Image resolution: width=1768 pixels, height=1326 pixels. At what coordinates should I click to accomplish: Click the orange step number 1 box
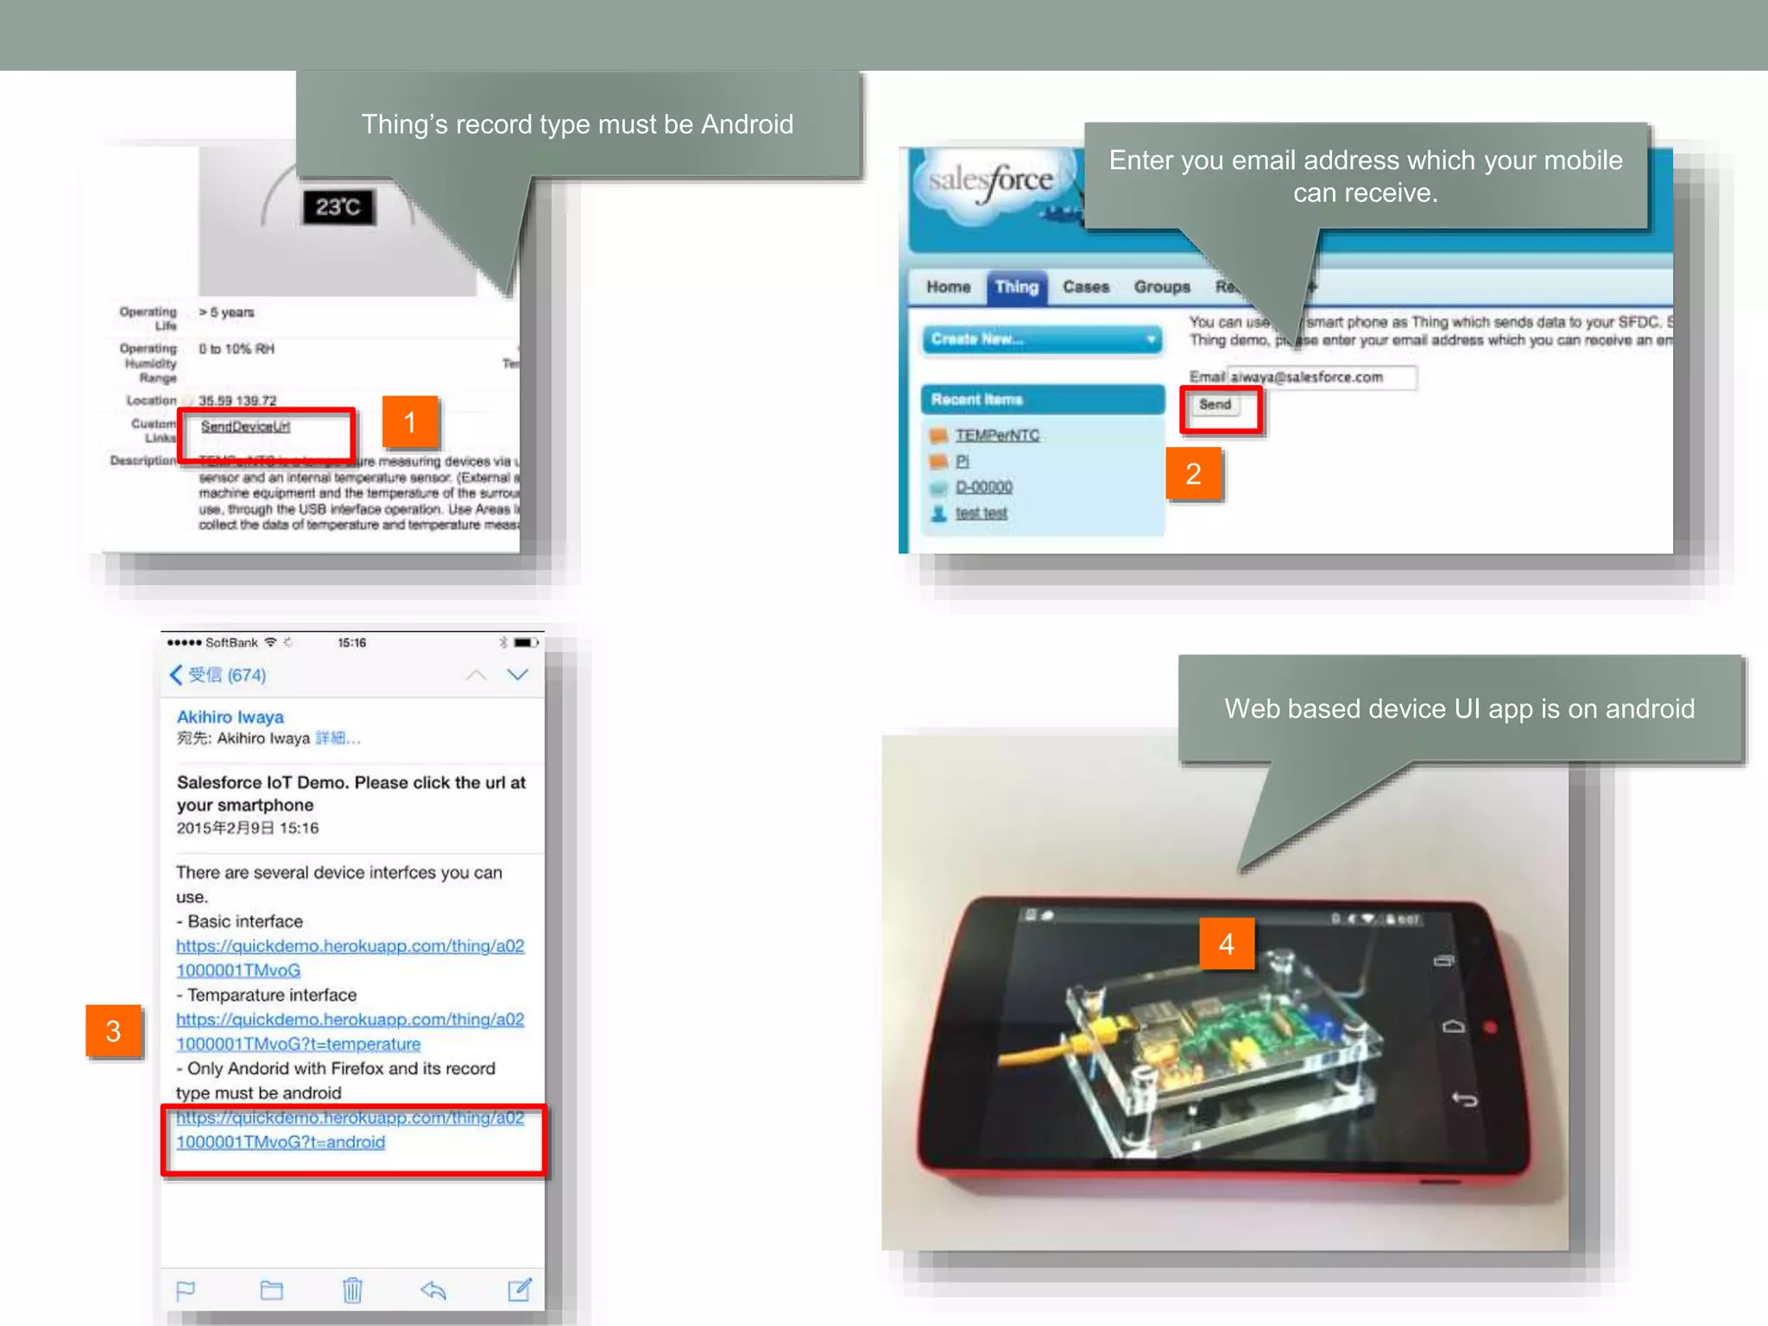410,422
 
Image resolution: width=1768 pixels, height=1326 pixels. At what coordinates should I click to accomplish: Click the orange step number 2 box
1193,474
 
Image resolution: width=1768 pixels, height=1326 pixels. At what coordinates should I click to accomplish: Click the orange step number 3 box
113,1031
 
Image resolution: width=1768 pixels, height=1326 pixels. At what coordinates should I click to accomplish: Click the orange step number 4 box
1226,944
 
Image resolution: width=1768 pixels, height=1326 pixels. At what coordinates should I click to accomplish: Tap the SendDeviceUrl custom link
245,426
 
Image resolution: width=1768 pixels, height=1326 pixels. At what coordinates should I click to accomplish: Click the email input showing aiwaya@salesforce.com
1321,377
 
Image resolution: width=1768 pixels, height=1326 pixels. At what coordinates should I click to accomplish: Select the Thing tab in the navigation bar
1016,287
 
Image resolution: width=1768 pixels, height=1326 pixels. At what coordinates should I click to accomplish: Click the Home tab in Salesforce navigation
948,287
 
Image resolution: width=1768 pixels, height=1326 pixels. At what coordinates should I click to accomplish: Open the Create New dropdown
1042,339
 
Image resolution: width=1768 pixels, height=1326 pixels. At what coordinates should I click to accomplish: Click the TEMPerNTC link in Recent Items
997,435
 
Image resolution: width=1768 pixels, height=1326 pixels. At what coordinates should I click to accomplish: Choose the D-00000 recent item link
983,487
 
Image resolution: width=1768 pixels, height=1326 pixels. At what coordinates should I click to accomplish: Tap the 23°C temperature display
338,207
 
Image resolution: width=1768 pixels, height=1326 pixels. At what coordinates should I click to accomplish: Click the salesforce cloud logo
991,181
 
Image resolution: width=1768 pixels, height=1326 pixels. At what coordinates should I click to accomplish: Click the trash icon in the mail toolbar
351,1290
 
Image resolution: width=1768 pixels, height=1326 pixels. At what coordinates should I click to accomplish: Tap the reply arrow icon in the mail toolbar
433,1290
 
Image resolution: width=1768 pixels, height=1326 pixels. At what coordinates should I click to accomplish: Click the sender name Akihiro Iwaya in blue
230,717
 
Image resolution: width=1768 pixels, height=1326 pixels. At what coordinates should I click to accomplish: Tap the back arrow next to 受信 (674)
176,675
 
